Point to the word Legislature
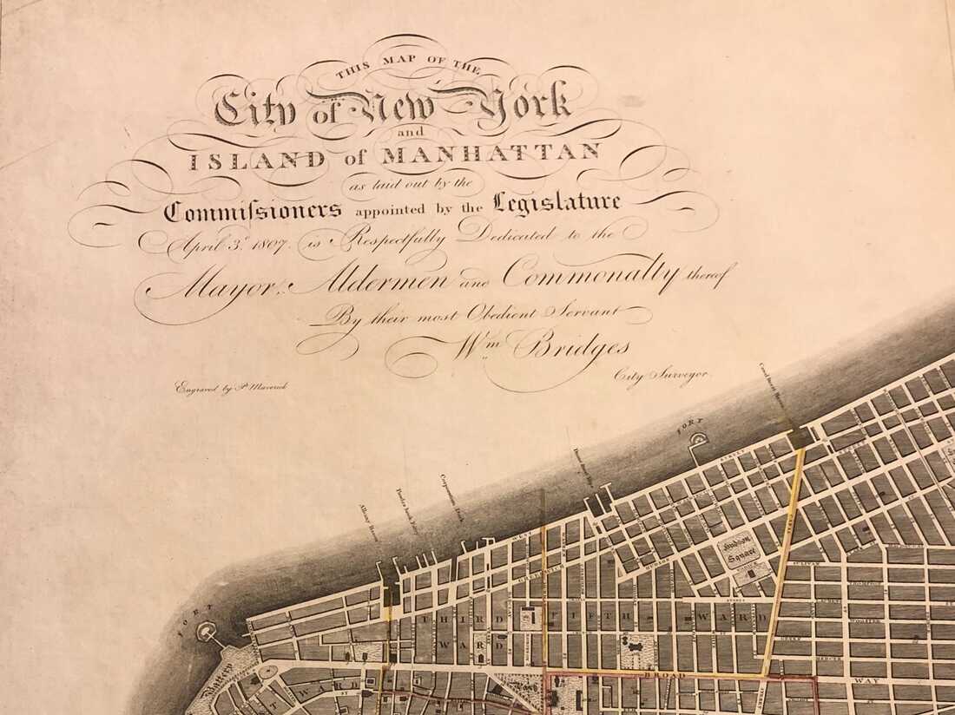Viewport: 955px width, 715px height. (557, 203)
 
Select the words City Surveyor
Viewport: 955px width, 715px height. (661, 374)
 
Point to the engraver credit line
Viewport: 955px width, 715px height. (230, 387)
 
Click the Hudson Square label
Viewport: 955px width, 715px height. (740, 548)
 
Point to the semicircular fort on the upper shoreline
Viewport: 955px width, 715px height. (696, 443)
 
